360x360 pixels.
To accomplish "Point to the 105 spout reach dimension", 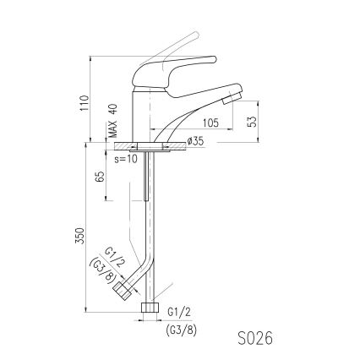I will pyautogui.click(x=210, y=123).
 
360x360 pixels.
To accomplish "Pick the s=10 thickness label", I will pyautogui.click(x=125, y=158).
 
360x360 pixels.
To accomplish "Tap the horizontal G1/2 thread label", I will pyautogui.click(x=178, y=312).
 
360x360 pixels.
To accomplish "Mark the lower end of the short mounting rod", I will pyautogui.click(x=147, y=200).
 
